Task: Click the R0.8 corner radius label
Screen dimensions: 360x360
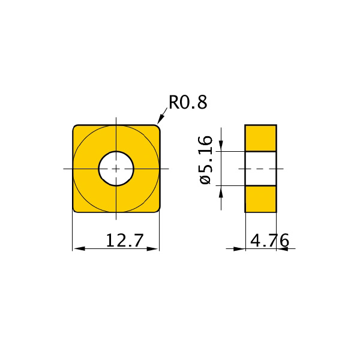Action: [188, 102]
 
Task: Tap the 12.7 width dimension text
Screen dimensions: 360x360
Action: [125, 241]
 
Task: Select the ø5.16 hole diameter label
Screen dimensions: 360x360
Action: [205, 160]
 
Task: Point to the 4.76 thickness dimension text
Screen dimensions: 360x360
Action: [269, 241]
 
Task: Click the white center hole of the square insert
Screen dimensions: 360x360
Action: [116, 169]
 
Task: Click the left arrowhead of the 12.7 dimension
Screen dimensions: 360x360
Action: [79, 248]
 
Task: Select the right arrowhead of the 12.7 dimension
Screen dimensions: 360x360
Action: [152, 248]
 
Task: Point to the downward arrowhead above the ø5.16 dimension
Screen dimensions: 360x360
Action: [221, 146]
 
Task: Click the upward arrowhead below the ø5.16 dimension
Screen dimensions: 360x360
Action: [221, 191]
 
